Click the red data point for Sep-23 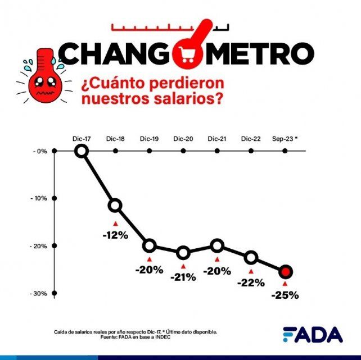pos(285,272)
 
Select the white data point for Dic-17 pos(82,151)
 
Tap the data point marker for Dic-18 pos(115,206)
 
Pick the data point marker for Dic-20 pos(183,253)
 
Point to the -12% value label pos(115,235)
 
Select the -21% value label pos(183,277)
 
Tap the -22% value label pos(251,282)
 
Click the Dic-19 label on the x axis pos(149,139)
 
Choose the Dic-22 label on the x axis pos(251,139)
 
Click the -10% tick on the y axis pos(54,198)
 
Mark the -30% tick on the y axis pos(54,293)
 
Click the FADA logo pos(313,334)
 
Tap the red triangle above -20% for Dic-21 pos(217,259)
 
